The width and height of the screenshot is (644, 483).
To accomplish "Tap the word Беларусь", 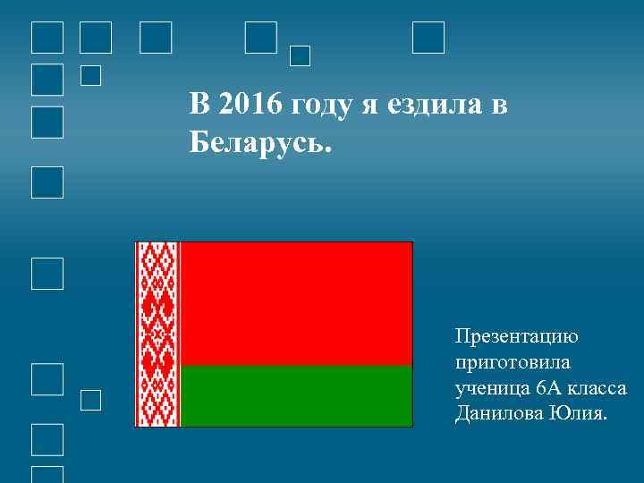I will pos(259,142).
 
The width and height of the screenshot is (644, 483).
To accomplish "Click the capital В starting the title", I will pos(199,105).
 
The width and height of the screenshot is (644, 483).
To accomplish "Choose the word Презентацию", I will pos(517,337).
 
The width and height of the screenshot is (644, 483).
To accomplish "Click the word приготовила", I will pos(512,363).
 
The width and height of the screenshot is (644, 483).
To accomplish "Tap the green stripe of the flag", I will pos(296,396).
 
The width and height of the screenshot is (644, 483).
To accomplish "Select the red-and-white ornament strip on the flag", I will pos(157,334).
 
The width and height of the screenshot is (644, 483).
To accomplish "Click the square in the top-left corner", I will pos(47,38).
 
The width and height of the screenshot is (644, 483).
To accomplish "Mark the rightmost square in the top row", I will pos(428,38).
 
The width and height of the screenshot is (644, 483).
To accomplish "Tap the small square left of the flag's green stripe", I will pos(90,400).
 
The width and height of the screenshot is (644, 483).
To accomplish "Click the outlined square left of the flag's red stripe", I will pos(47,274).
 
